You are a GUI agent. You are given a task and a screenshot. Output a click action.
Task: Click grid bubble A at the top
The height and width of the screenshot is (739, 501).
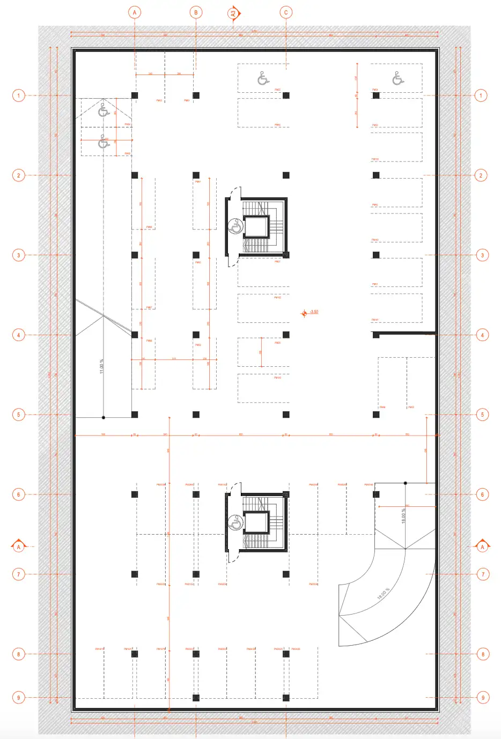tap(135, 12)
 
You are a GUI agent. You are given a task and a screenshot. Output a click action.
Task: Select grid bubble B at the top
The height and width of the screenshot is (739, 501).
tap(196, 12)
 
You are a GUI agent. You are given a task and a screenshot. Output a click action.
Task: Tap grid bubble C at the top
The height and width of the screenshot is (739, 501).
tap(286, 12)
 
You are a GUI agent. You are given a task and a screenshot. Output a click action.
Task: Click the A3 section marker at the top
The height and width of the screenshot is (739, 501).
tap(233, 13)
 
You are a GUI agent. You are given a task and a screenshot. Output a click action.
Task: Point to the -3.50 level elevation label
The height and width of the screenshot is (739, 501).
tap(314, 312)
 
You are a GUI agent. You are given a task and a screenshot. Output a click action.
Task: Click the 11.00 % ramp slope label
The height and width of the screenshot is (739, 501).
tap(101, 366)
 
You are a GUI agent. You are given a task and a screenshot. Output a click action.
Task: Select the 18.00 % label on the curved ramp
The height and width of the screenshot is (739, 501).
tap(383, 594)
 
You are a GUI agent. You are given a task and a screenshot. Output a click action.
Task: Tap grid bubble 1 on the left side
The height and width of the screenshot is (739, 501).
tap(18, 95)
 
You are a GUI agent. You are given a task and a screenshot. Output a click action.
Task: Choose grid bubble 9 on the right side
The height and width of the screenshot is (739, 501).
tap(483, 698)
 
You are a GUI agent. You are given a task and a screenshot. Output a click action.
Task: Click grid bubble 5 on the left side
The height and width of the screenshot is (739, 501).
tap(18, 415)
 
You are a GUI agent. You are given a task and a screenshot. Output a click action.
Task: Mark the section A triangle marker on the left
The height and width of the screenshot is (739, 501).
tap(18, 545)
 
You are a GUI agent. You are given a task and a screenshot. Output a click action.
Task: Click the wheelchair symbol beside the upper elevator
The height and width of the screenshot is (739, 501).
tap(234, 226)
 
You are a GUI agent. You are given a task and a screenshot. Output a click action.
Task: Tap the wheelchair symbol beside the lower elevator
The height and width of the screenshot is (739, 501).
tap(235, 522)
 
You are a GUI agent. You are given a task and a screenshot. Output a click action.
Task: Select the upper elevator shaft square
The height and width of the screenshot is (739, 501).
tap(256, 227)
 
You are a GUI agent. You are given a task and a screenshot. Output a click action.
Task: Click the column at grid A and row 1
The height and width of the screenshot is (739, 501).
tap(135, 95)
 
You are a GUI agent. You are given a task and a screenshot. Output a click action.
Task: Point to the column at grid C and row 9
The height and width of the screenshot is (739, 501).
tap(286, 698)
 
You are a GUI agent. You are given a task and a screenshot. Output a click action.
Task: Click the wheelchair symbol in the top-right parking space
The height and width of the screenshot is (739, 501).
tap(397, 78)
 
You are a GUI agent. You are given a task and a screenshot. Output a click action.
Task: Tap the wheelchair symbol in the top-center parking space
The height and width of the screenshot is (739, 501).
tap(263, 78)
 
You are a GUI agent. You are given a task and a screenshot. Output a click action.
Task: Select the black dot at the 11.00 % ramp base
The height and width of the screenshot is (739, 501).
tap(104, 417)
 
